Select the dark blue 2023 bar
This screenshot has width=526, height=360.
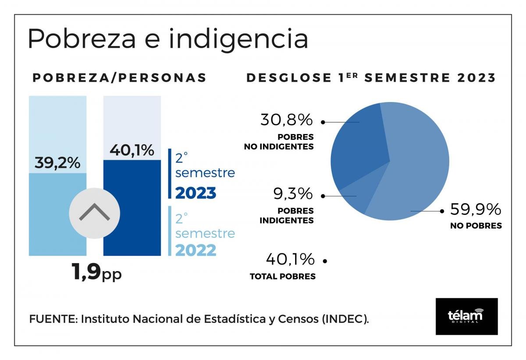pyautogui.click(x=132, y=210)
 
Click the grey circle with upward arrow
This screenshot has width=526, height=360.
pyautogui.click(x=94, y=213)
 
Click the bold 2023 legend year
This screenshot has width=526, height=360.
pyautogui.click(x=196, y=193)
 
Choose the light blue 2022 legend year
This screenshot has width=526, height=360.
pyautogui.click(x=196, y=250)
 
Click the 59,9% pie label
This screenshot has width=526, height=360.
pyautogui.click(x=476, y=210)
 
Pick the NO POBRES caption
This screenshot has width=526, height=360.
pyautogui.click(x=476, y=226)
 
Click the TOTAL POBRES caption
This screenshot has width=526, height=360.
pyautogui.click(x=283, y=276)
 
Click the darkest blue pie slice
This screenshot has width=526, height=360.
pyautogui.click(x=357, y=145)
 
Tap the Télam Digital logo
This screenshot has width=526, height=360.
pyautogui.click(x=466, y=316)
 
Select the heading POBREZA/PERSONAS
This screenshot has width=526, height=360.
pyautogui.click(x=120, y=78)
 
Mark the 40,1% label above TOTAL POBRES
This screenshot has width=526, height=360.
pyautogui.click(x=290, y=259)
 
